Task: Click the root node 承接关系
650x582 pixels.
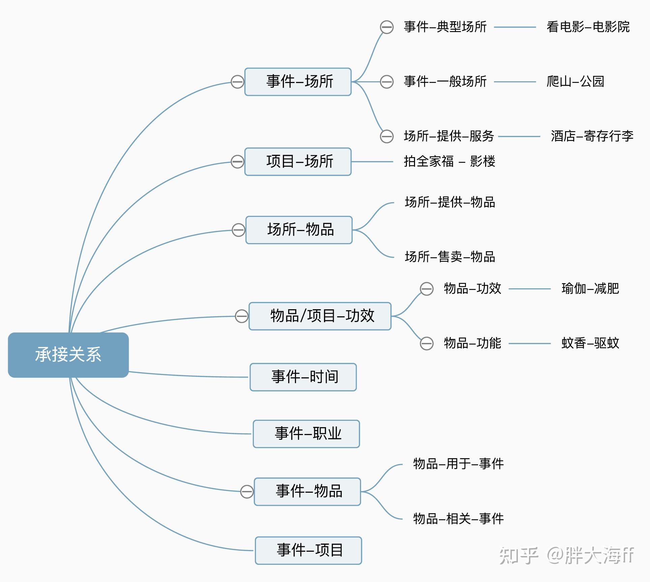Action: click(x=68, y=355)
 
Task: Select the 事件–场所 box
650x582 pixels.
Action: click(x=298, y=82)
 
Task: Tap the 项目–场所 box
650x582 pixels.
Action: click(x=298, y=162)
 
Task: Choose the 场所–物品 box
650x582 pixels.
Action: click(x=299, y=230)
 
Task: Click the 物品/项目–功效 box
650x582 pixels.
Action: click(x=320, y=316)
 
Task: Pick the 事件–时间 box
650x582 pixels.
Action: click(x=303, y=377)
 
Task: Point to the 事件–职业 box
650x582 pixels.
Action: click(x=306, y=434)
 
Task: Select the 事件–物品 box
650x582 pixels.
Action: click(x=307, y=491)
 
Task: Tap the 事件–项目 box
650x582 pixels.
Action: click(x=308, y=550)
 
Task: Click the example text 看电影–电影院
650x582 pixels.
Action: click(x=588, y=27)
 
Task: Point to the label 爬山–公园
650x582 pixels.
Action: click(x=575, y=82)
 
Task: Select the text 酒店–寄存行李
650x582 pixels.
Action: click(x=592, y=136)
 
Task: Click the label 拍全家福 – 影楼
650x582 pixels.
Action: click(x=449, y=162)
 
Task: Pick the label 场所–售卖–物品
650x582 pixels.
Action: click(x=450, y=257)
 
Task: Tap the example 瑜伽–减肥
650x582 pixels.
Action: click(x=590, y=289)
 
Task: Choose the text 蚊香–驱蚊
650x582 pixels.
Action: click(x=590, y=343)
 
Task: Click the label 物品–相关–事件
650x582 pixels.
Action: click(x=458, y=519)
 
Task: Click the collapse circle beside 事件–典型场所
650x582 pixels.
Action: click(x=387, y=27)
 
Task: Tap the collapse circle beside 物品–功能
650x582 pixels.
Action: click(x=426, y=344)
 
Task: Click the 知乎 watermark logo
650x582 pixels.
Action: click(x=518, y=555)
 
